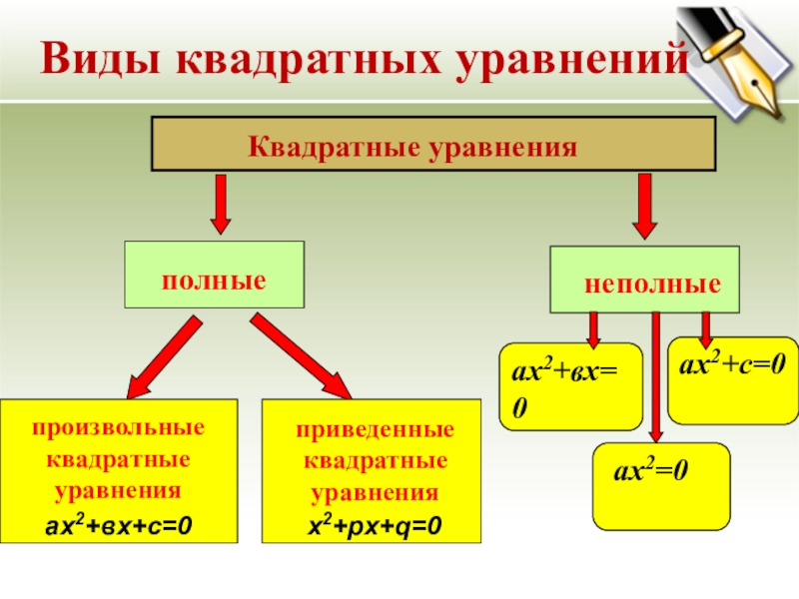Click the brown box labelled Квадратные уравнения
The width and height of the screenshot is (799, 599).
pos(432,146)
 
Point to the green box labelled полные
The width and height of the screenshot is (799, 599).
pos(214,274)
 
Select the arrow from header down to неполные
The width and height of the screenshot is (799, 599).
pos(646,205)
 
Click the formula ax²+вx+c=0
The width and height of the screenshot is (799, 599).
pos(118,523)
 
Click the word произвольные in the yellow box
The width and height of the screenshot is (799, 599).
pos(118,427)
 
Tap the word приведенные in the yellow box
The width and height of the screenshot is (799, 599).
pos(375,430)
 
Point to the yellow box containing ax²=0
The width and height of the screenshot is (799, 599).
pos(661,486)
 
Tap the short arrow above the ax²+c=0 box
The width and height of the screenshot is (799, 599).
pos(706,326)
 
